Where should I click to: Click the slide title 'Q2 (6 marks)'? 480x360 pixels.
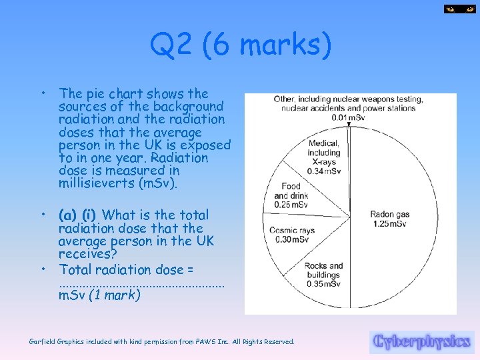pyautogui.click(x=240, y=46)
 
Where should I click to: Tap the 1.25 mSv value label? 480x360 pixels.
pyautogui.click(x=389, y=224)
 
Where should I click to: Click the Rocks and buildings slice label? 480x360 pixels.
pyautogui.click(x=323, y=271)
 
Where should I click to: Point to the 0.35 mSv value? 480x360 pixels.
pyautogui.click(x=323, y=284)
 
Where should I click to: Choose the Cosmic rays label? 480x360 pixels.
pyautogui.click(x=292, y=231)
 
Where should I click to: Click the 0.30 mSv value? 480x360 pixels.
pyautogui.click(x=292, y=240)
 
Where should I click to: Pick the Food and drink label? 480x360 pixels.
pyautogui.click(x=291, y=191)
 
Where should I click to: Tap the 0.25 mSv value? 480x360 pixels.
pyautogui.click(x=291, y=204)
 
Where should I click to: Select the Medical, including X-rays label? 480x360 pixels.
pyautogui.click(x=324, y=153)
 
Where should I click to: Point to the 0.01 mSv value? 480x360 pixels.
pyautogui.click(x=348, y=118)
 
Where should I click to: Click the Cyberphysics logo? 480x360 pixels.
pyautogui.click(x=421, y=342)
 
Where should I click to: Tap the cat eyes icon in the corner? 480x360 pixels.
pyautogui.click(x=460, y=9)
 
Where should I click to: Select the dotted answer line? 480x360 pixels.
pyautogui.click(x=141, y=284)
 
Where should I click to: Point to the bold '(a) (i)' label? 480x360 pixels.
pyautogui.click(x=77, y=215)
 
